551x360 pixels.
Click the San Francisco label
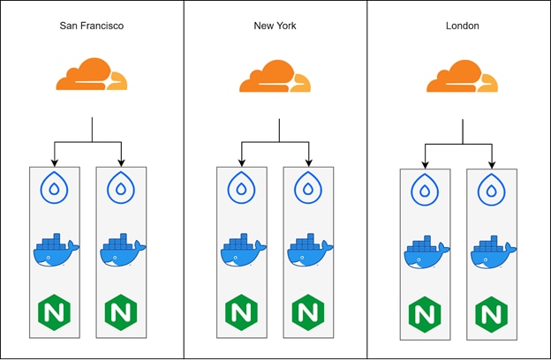click(92, 26)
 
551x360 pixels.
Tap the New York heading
click(276, 26)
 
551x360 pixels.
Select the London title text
click(463, 26)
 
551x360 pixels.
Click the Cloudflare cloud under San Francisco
click(91, 75)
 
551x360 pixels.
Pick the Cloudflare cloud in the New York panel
click(275, 76)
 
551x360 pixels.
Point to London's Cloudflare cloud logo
click(462, 76)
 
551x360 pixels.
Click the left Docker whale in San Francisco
click(55, 250)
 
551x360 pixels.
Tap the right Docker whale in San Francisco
click(122, 250)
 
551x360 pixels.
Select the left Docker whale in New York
click(242, 250)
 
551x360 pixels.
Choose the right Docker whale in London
click(493, 252)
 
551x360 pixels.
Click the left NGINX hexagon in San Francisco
click(54, 311)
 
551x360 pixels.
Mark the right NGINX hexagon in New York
click(308, 311)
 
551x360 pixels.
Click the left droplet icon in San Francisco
click(54, 188)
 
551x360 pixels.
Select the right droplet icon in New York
click(308, 188)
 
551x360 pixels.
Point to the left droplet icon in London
click(425, 191)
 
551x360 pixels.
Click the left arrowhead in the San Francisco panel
click(54, 161)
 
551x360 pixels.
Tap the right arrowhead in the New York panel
click(308, 161)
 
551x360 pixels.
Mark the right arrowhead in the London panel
click(492, 164)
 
